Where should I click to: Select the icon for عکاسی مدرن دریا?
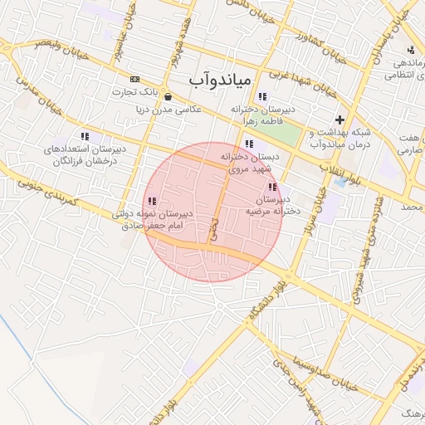169,96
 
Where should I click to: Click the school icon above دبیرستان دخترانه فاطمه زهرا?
263,96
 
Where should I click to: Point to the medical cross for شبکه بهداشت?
339,120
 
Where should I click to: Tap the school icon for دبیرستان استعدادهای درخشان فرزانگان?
84,136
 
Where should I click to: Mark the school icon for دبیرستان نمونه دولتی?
151,201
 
